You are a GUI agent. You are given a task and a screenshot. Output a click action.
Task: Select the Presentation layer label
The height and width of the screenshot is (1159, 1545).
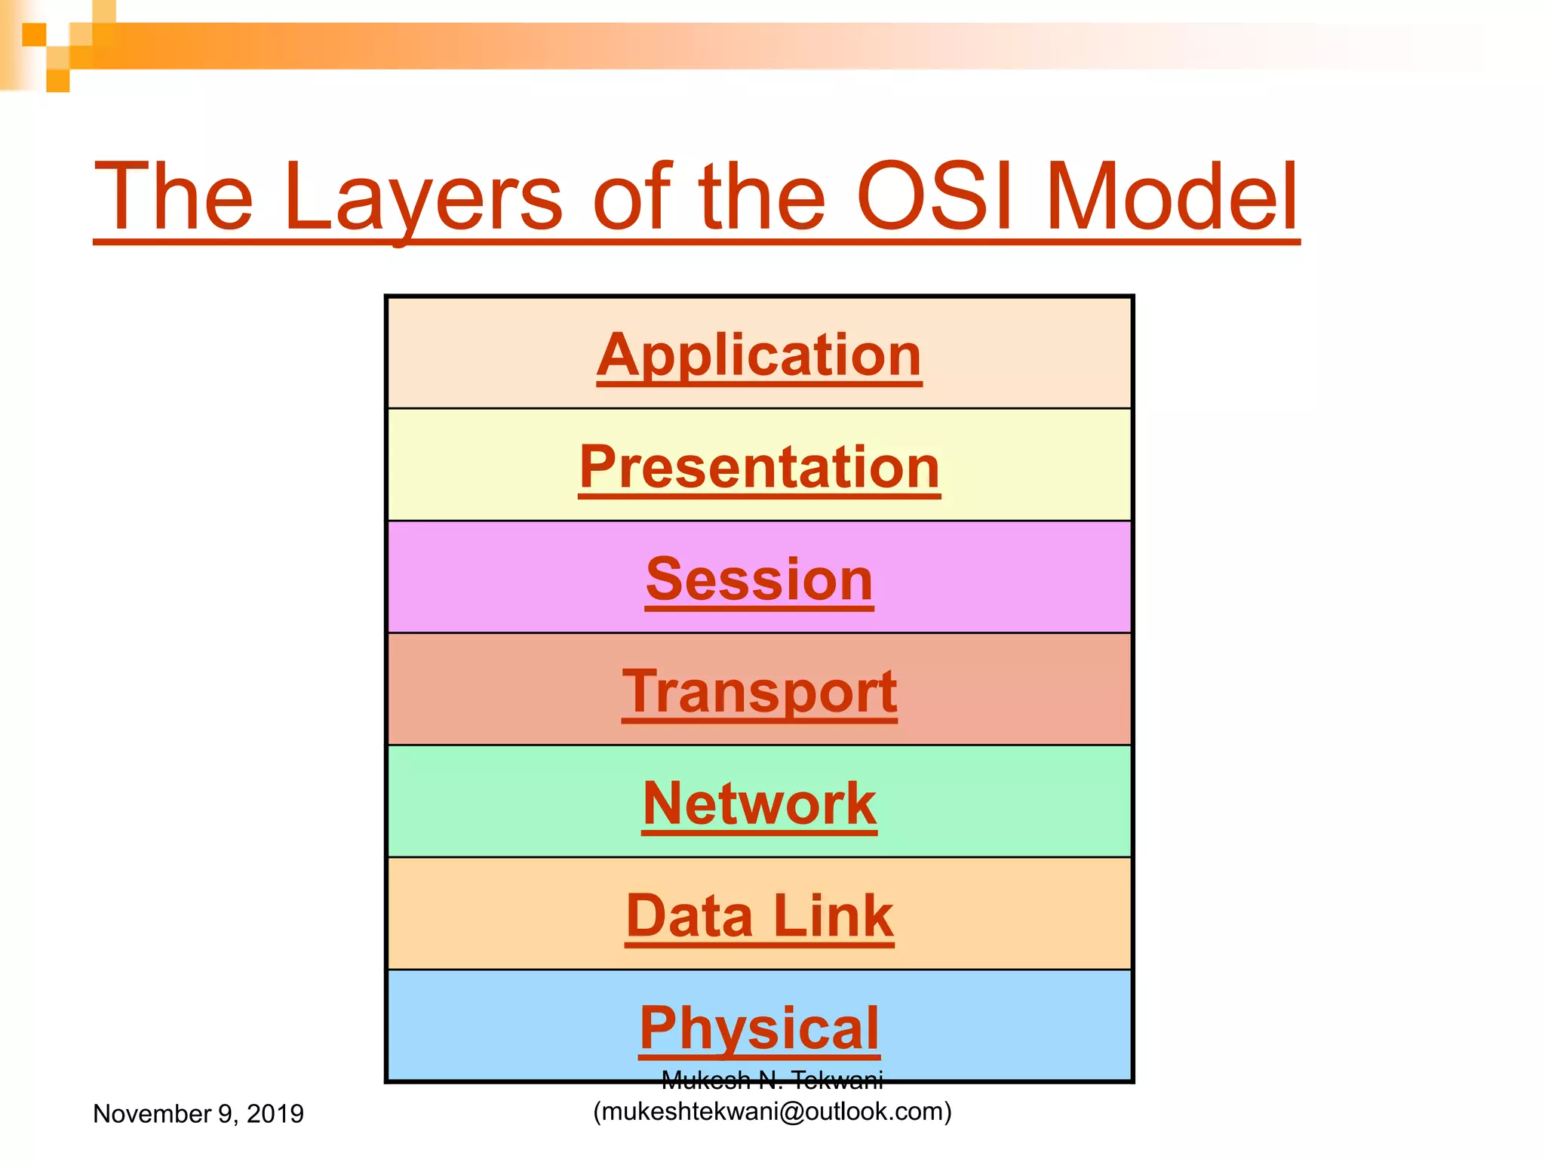tap(759, 467)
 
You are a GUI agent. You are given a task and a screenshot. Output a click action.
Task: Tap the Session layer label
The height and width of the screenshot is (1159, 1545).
tap(759, 579)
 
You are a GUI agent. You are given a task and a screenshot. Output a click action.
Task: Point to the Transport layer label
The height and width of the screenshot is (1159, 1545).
tap(759, 691)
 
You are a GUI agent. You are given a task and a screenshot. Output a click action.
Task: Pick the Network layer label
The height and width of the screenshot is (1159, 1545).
tap(759, 804)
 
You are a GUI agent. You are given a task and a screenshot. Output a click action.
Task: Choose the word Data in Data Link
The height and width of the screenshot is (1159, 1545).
tap(690, 916)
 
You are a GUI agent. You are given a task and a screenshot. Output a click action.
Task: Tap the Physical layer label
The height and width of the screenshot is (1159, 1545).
tap(759, 1028)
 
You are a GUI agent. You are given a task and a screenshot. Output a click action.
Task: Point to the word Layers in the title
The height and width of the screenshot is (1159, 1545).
tap(423, 198)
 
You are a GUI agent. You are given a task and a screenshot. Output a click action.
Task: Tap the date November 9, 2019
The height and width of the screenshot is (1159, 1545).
tap(198, 1114)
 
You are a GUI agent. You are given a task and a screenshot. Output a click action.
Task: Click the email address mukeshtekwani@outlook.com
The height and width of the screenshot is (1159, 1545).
tap(772, 1111)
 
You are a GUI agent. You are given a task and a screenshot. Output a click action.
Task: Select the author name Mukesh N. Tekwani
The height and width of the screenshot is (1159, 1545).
tap(772, 1081)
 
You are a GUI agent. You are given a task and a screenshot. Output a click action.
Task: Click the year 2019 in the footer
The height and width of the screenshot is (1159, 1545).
tap(275, 1114)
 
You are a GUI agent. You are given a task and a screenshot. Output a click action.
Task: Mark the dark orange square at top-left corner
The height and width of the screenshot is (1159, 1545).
tap(34, 35)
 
